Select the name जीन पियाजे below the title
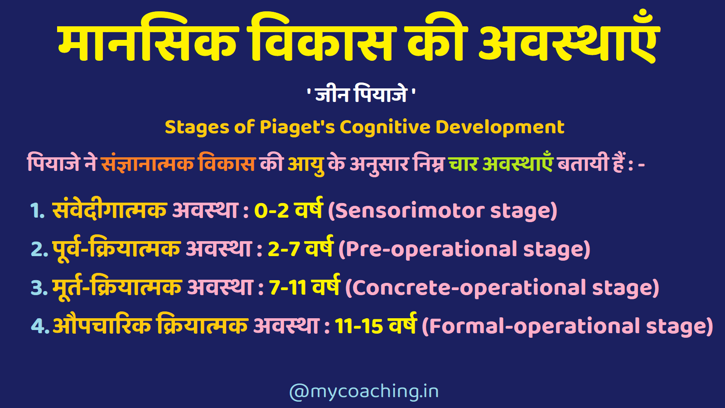361,94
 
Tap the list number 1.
37,211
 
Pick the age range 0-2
271,211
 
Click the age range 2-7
284,249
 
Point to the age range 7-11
288,288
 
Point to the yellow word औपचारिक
102,325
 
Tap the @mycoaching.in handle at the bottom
364,391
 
